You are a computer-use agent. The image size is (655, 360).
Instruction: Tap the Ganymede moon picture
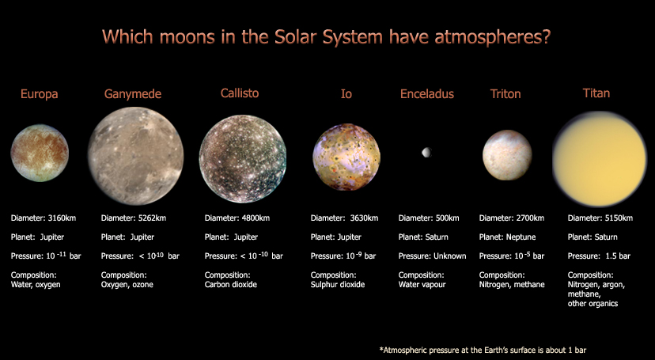[x=135, y=151]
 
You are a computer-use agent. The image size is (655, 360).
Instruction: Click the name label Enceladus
[x=427, y=94]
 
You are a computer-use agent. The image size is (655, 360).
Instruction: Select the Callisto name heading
[x=240, y=93]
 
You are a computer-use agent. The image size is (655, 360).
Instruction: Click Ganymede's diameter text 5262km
[x=156, y=218]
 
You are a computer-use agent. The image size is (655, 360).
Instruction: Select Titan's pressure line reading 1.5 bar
[x=600, y=256]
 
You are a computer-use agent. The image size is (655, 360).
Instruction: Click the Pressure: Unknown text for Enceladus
[x=432, y=256]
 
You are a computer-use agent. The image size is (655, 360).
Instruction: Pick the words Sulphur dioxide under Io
[x=338, y=284]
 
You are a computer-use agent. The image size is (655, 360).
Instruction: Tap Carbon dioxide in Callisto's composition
[x=231, y=284]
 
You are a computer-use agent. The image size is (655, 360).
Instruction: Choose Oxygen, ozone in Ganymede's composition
[x=127, y=284]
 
